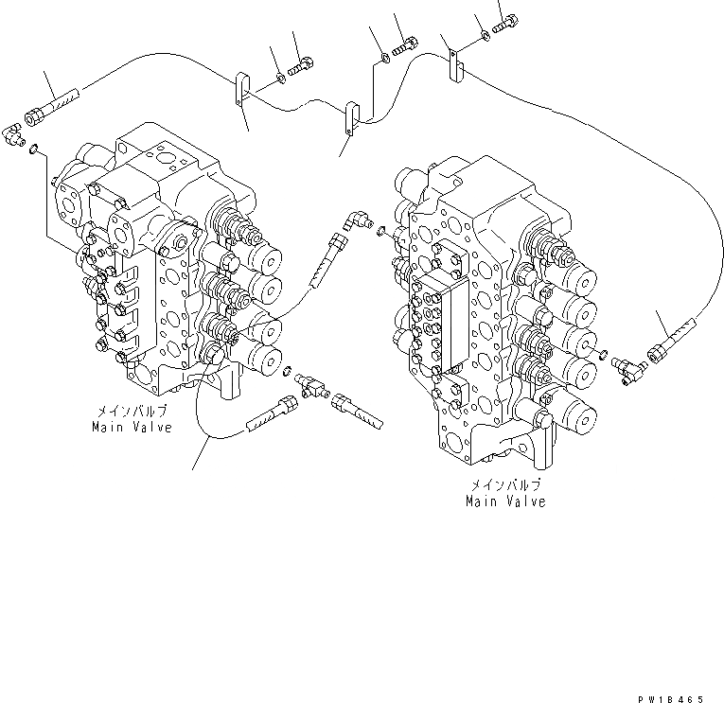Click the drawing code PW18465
tap(669, 698)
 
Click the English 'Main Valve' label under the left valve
tap(132, 428)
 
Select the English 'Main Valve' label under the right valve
tap(505, 501)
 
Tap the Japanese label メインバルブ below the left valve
tap(132, 413)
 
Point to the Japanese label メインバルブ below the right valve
tap(505, 485)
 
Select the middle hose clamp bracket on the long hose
tap(351, 116)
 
